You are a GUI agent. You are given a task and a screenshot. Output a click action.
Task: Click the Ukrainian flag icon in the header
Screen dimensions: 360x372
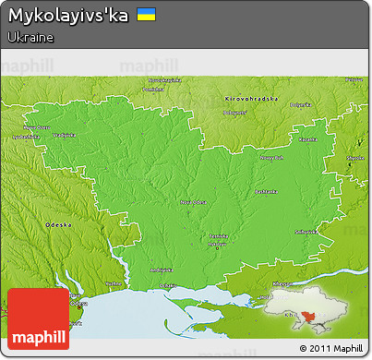pos(145,15)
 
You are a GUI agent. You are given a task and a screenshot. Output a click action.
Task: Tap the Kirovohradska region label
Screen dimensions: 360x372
pos(251,98)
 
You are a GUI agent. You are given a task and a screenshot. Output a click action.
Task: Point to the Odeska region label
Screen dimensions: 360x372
pos(58,224)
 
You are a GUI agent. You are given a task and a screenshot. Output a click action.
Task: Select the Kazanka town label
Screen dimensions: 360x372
pos(307,138)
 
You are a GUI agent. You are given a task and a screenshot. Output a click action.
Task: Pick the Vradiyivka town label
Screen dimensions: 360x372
pos(64,135)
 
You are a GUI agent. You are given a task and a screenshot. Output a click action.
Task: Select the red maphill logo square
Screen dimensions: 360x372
pos(38,318)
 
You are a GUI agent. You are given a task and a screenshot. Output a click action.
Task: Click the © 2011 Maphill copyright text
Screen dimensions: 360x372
pos(330,348)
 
